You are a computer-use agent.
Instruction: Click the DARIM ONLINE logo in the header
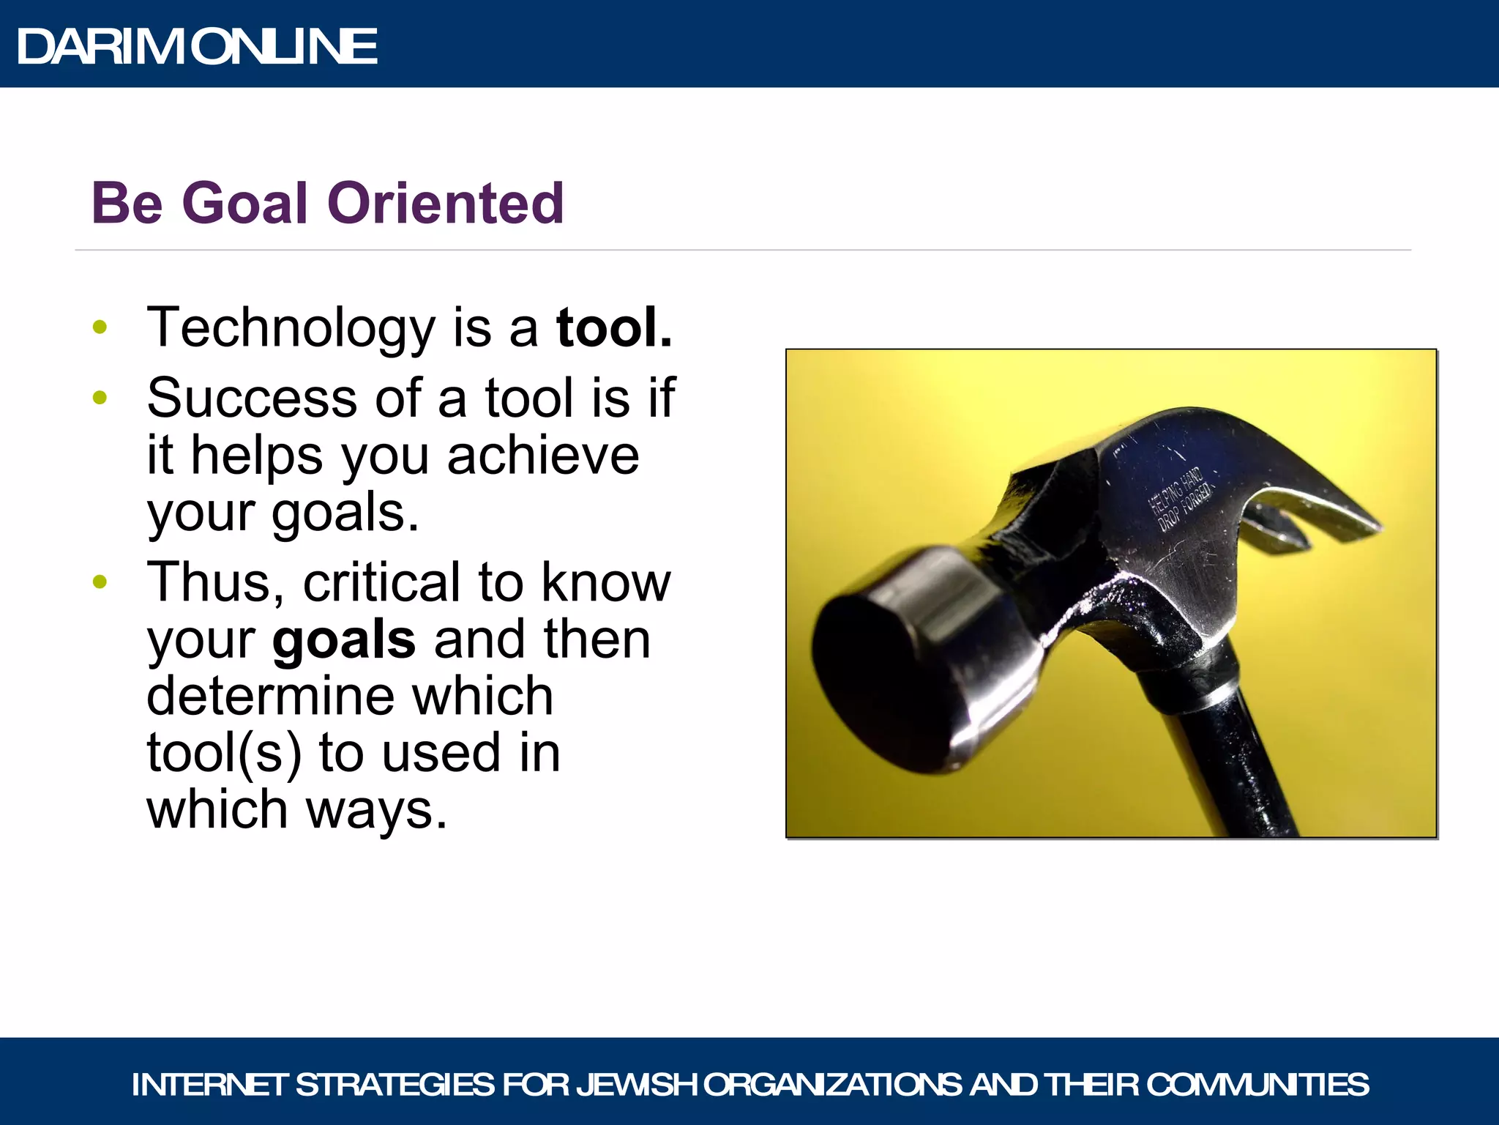coord(198,46)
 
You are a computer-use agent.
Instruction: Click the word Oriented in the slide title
coord(446,203)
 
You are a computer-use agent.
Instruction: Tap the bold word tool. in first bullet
coord(613,327)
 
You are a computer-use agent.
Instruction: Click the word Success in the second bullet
coord(252,398)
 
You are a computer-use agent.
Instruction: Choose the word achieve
coord(543,456)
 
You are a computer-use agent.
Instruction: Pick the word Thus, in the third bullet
coord(217,583)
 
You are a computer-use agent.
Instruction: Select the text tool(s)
coord(224,753)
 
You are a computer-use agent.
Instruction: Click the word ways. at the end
coord(376,810)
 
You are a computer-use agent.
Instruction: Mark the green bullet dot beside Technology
coord(100,327)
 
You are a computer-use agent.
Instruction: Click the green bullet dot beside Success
coord(100,398)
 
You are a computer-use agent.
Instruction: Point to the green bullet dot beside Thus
coord(100,582)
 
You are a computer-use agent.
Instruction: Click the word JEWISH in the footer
coord(638,1085)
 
